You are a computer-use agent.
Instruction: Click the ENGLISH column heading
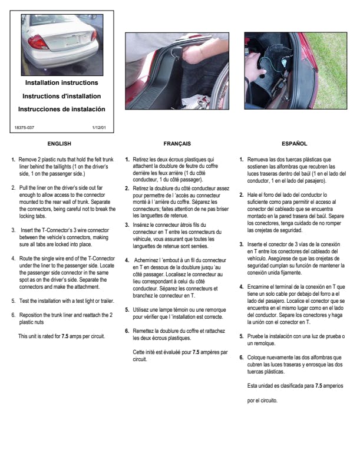59,143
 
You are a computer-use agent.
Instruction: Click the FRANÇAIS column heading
177,143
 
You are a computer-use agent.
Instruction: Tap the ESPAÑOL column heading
295,143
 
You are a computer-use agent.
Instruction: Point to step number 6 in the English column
13,315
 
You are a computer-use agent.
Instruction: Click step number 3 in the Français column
127,225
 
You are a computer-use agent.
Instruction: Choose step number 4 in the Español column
241,287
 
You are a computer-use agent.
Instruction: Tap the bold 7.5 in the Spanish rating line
318,385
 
